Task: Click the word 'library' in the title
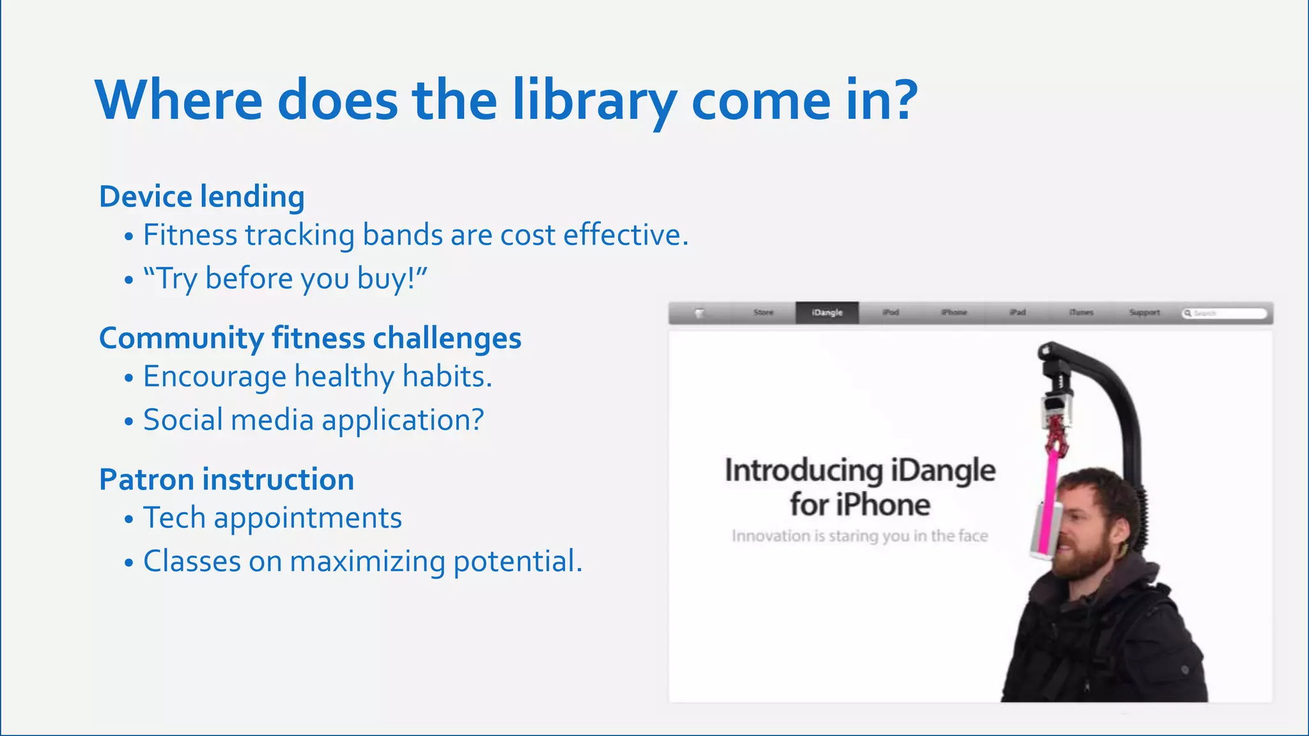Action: click(x=594, y=100)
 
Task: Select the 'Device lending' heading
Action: click(x=201, y=197)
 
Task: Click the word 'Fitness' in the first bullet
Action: click(x=190, y=235)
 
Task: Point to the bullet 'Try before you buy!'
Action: click(x=284, y=279)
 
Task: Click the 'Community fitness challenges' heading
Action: click(x=310, y=338)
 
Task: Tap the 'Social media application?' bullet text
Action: click(x=313, y=420)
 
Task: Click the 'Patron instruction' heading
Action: click(x=226, y=479)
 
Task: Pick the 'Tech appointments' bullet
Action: click(x=272, y=518)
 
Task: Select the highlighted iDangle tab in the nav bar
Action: click(x=827, y=312)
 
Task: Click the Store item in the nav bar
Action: click(x=763, y=312)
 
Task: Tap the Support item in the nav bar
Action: click(x=1144, y=312)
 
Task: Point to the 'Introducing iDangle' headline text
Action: click(x=860, y=471)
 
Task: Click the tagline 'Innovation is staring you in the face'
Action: click(x=860, y=536)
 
